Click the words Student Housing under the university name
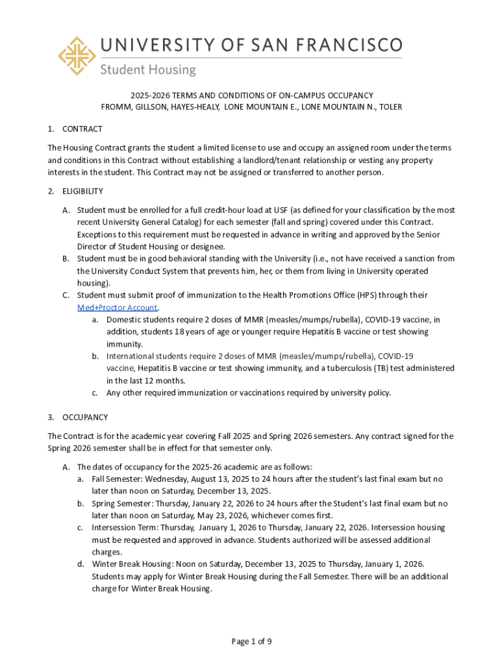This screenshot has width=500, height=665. pos(147,69)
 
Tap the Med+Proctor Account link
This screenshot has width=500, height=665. pos(118,308)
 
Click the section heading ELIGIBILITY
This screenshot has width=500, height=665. pos(82,192)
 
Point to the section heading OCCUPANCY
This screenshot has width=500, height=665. pos(85,417)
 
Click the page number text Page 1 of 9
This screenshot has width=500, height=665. pos(251,642)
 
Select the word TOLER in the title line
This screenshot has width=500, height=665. pos(391,107)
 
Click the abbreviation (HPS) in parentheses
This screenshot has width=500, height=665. pos(368,295)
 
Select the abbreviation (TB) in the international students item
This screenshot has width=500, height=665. pos(364,368)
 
